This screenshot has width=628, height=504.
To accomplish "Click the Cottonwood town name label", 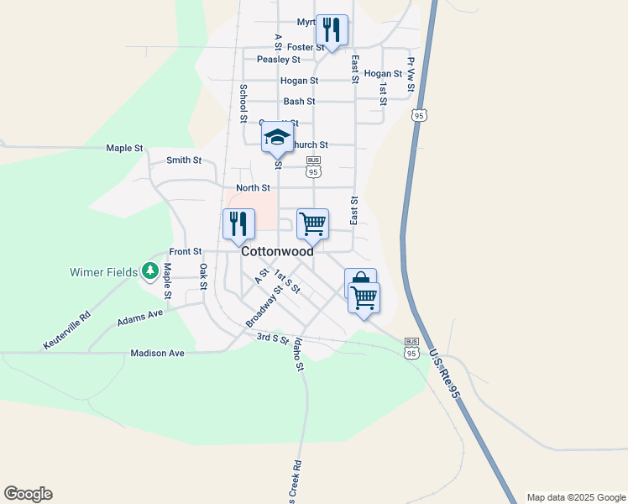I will (x=277, y=251).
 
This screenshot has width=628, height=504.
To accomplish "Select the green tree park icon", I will (x=150, y=270).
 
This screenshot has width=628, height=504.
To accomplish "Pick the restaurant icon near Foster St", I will (x=332, y=31).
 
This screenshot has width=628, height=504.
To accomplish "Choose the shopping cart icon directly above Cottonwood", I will (x=312, y=224).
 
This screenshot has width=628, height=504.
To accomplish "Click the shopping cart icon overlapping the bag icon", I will (x=364, y=298).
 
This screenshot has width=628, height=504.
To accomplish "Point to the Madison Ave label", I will (x=157, y=354).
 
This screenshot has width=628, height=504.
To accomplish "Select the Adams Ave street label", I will (x=140, y=318).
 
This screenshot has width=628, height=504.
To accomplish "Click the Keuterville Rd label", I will (x=66, y=332).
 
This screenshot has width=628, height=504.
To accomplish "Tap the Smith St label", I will (x=184, y=160).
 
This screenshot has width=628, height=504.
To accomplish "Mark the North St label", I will (x=253, y=188).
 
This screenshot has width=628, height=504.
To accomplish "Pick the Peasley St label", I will (x=279, y=60).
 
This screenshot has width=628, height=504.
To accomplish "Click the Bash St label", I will (x=299, y=101).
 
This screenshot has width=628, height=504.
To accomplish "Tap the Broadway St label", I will (x=264, y=307).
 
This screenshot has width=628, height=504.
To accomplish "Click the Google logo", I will (x=28, y=493).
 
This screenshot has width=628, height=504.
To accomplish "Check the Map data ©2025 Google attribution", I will (x=575, y=497).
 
